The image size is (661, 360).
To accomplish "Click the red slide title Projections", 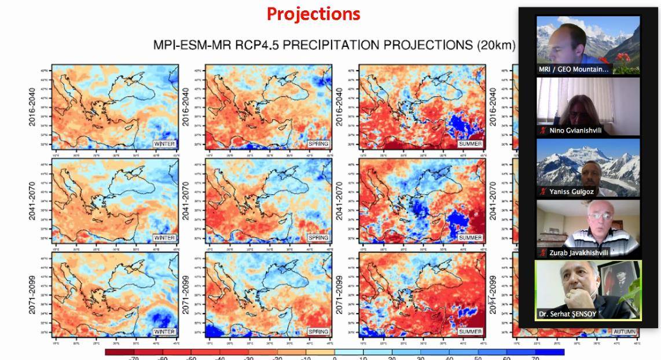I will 313,14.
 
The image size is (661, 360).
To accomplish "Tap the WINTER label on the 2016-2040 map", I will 164,144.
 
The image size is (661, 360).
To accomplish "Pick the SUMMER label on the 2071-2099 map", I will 470,332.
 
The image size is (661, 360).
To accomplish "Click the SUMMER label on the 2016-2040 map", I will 470,144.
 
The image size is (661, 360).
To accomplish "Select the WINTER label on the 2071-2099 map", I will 164,332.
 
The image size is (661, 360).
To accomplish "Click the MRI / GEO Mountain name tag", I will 574,69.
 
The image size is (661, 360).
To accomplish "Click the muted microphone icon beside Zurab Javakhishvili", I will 543,252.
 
